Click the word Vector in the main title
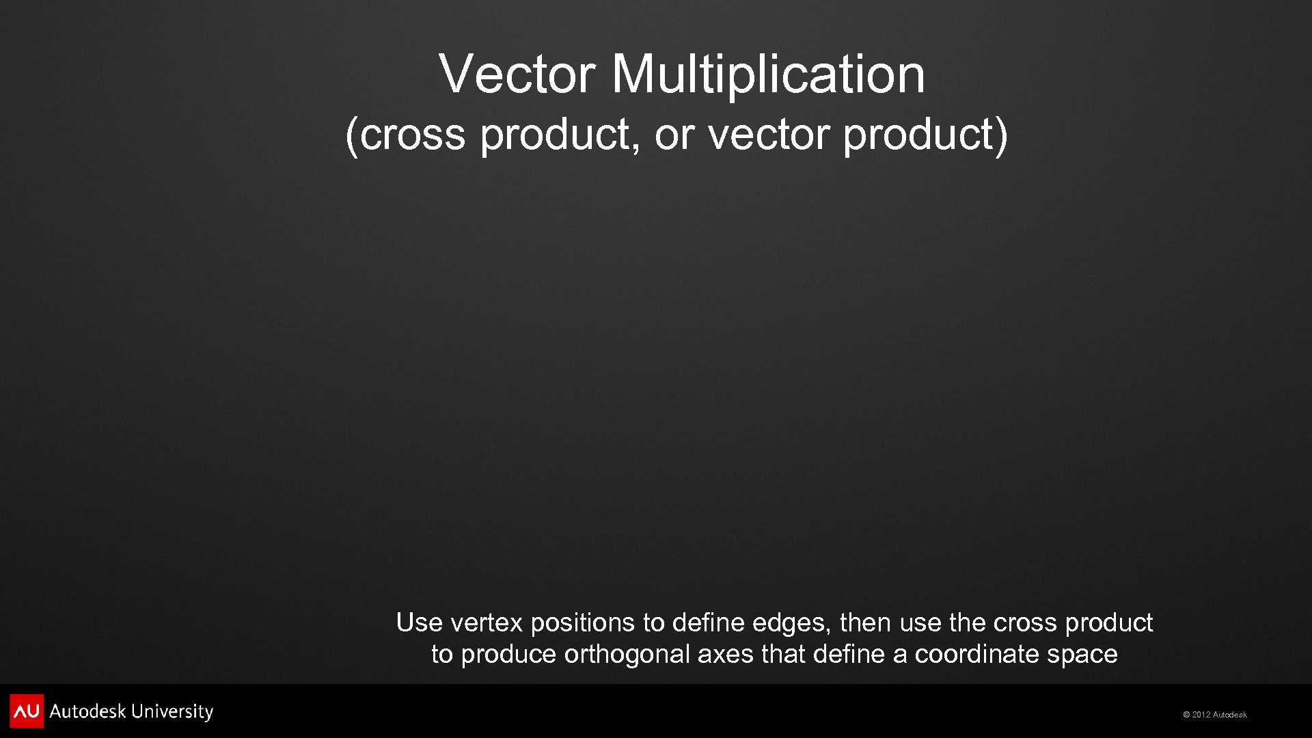[517, 74]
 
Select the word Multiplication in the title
[768, 74]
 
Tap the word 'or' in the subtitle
[674, 134]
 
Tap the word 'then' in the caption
[865, 623]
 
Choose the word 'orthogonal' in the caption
[627, 655]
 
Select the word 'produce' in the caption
[508, 655]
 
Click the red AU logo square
[27, 711]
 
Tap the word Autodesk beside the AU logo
[87, 711]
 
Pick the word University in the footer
[172, 711]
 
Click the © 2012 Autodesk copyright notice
[1215, 715]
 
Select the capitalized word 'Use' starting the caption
[419, 623]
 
